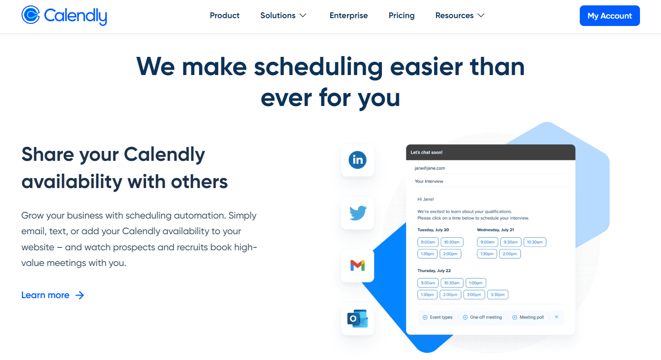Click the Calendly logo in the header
click(64, 16)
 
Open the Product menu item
click(224, 16)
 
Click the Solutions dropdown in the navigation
click(283, 16)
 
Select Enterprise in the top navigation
click(348, 16)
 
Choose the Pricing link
click(401, 16)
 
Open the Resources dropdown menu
click(460, 16)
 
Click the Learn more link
click(52, 295)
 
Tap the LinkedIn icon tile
click(358, 160)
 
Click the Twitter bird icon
click(358, 213)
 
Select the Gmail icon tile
click(358, 266)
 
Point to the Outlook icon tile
click(358, 319)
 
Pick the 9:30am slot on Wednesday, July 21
click(510, 242)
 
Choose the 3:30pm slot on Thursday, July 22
click(497, 294)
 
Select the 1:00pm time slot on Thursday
click(475, 283)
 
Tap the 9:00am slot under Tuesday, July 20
click(428, 242)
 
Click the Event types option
click(438, 317)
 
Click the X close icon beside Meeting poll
click(556, 317)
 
